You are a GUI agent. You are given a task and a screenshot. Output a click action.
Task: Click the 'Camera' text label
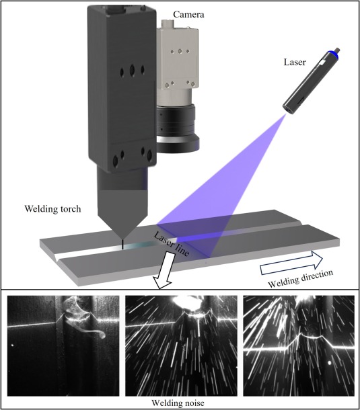tap(188, 14)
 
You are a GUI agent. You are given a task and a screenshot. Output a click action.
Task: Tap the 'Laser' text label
tap(295, 62)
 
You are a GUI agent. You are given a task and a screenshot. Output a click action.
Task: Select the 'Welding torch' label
tap(52, 209)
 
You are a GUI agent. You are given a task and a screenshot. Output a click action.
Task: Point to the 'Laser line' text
tap(171, 244)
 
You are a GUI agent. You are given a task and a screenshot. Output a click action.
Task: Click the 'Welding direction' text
tap(301, 279)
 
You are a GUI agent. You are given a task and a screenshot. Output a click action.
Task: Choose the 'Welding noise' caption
tap(178, 403)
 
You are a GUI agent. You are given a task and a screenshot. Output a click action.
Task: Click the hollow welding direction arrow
tap(291, 263)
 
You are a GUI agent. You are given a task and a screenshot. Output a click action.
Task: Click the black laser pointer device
tap(312, 81)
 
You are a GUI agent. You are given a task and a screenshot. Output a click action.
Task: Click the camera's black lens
tap(178, 128)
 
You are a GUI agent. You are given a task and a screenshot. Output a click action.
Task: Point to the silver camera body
tap(177, 62)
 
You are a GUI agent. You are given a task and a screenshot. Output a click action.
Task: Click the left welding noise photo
tap(63, 345)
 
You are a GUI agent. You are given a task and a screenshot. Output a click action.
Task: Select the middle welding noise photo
tap(181, 345)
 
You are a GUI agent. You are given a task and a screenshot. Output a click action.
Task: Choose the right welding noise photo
tap(299, 345)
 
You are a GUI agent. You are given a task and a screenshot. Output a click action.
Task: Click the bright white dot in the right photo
tap(330, 363)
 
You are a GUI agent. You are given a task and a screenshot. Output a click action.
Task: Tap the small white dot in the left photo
tap(12, 345)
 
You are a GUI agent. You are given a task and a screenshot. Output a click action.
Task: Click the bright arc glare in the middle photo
tap(184, 303)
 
